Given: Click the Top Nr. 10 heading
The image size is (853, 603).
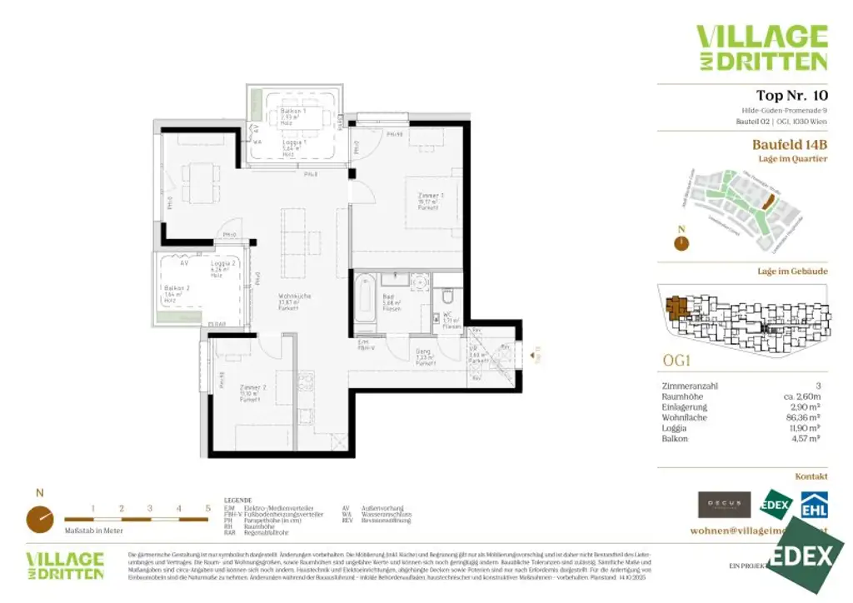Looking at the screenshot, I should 791,95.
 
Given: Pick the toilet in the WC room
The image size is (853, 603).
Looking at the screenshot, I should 448,297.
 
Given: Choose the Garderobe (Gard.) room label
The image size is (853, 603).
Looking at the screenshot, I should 424,355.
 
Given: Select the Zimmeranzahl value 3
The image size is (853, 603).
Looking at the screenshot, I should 818,386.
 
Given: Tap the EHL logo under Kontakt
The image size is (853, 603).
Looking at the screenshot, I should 814,505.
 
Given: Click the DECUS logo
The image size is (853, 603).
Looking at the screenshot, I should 725,505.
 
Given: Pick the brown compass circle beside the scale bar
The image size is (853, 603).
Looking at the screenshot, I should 40,519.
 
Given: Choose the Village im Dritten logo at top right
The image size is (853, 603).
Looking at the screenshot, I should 761,47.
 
